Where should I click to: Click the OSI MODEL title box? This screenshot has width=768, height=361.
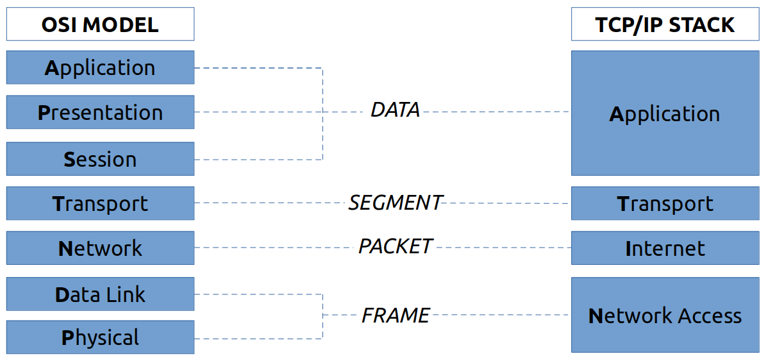(x=100, y=24)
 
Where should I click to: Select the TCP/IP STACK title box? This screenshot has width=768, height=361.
(x=665, y=24)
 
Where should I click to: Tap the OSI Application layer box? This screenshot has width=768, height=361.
(x=100, y=67)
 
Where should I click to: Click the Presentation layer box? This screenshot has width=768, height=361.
(x=100, y=112)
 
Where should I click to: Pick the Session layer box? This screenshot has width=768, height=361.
(x=100, y=159)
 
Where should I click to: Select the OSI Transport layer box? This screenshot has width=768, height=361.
(x=100, y=203)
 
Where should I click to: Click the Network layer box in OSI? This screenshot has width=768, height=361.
(x=100, y=248)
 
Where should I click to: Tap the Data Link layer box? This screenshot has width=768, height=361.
(x=100, y=294)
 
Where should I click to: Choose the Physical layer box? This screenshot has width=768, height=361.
(x=100, y=337)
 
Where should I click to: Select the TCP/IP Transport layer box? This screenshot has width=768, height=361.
(x=665, y=203)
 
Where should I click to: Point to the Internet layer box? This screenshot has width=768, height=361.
(x=665, y=248)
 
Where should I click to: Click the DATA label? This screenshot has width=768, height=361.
(x=395, y=110)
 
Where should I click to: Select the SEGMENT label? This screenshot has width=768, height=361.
(x=395, y=203)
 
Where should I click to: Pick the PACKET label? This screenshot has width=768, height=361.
(x=395, y=246)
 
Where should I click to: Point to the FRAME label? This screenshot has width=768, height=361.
(x=395, y=315)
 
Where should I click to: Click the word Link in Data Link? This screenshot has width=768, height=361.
(x=126, y=294)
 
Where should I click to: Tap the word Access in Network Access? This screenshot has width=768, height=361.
(x=710, y=315)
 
